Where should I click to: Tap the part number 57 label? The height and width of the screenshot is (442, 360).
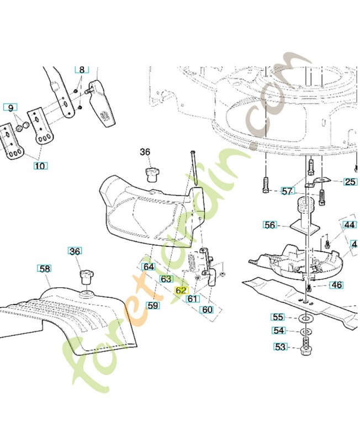287,191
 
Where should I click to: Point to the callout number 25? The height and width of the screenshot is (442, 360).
350,181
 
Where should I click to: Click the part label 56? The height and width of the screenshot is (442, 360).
269,225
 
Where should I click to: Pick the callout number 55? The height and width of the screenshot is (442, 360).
278,317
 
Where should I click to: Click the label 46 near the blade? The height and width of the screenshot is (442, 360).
336,285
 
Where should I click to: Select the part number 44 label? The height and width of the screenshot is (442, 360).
350,225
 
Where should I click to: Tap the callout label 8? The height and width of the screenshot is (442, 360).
82,70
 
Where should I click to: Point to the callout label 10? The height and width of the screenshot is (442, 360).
40,165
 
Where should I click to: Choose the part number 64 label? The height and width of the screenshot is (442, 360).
149,267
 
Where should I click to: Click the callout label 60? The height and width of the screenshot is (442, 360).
207,310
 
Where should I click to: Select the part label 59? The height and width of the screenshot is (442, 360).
153,304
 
